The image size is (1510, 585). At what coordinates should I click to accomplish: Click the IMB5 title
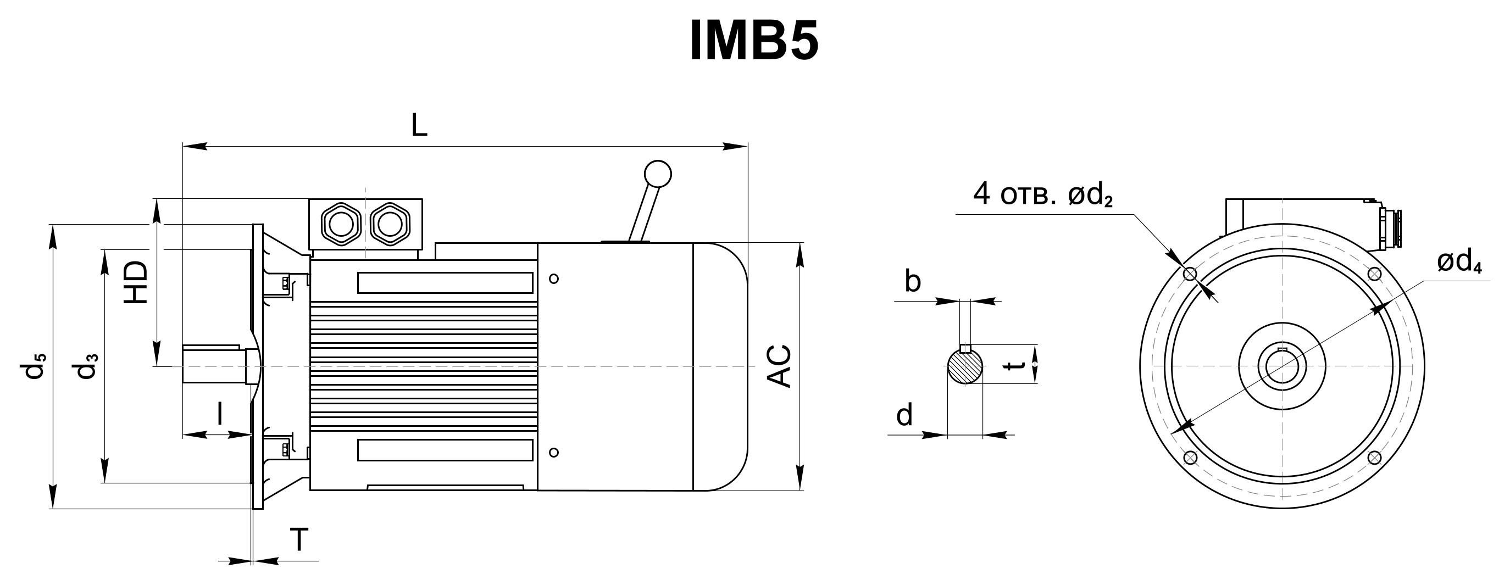tap(754, 41)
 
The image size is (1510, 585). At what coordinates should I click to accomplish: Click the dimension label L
tap(419, 125)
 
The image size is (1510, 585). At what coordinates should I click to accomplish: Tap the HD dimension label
tap(137, 282)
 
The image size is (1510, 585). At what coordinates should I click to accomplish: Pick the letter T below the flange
tap(299, 539)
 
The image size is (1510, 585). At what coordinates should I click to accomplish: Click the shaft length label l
tap(220, 413)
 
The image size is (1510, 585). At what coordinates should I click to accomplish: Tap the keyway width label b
tap(913, 281)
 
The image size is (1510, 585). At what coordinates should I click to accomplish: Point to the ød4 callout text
tap(1459, 263)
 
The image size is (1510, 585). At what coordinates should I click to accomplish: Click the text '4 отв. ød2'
tap(1043, 194)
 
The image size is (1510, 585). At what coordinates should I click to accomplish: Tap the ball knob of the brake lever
tap(658, 174)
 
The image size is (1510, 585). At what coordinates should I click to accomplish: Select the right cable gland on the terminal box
tap(389, 224)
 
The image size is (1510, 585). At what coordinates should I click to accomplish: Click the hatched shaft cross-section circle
tap(965, 367)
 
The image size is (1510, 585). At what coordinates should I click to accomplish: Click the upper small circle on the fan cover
tap(554, 279)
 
